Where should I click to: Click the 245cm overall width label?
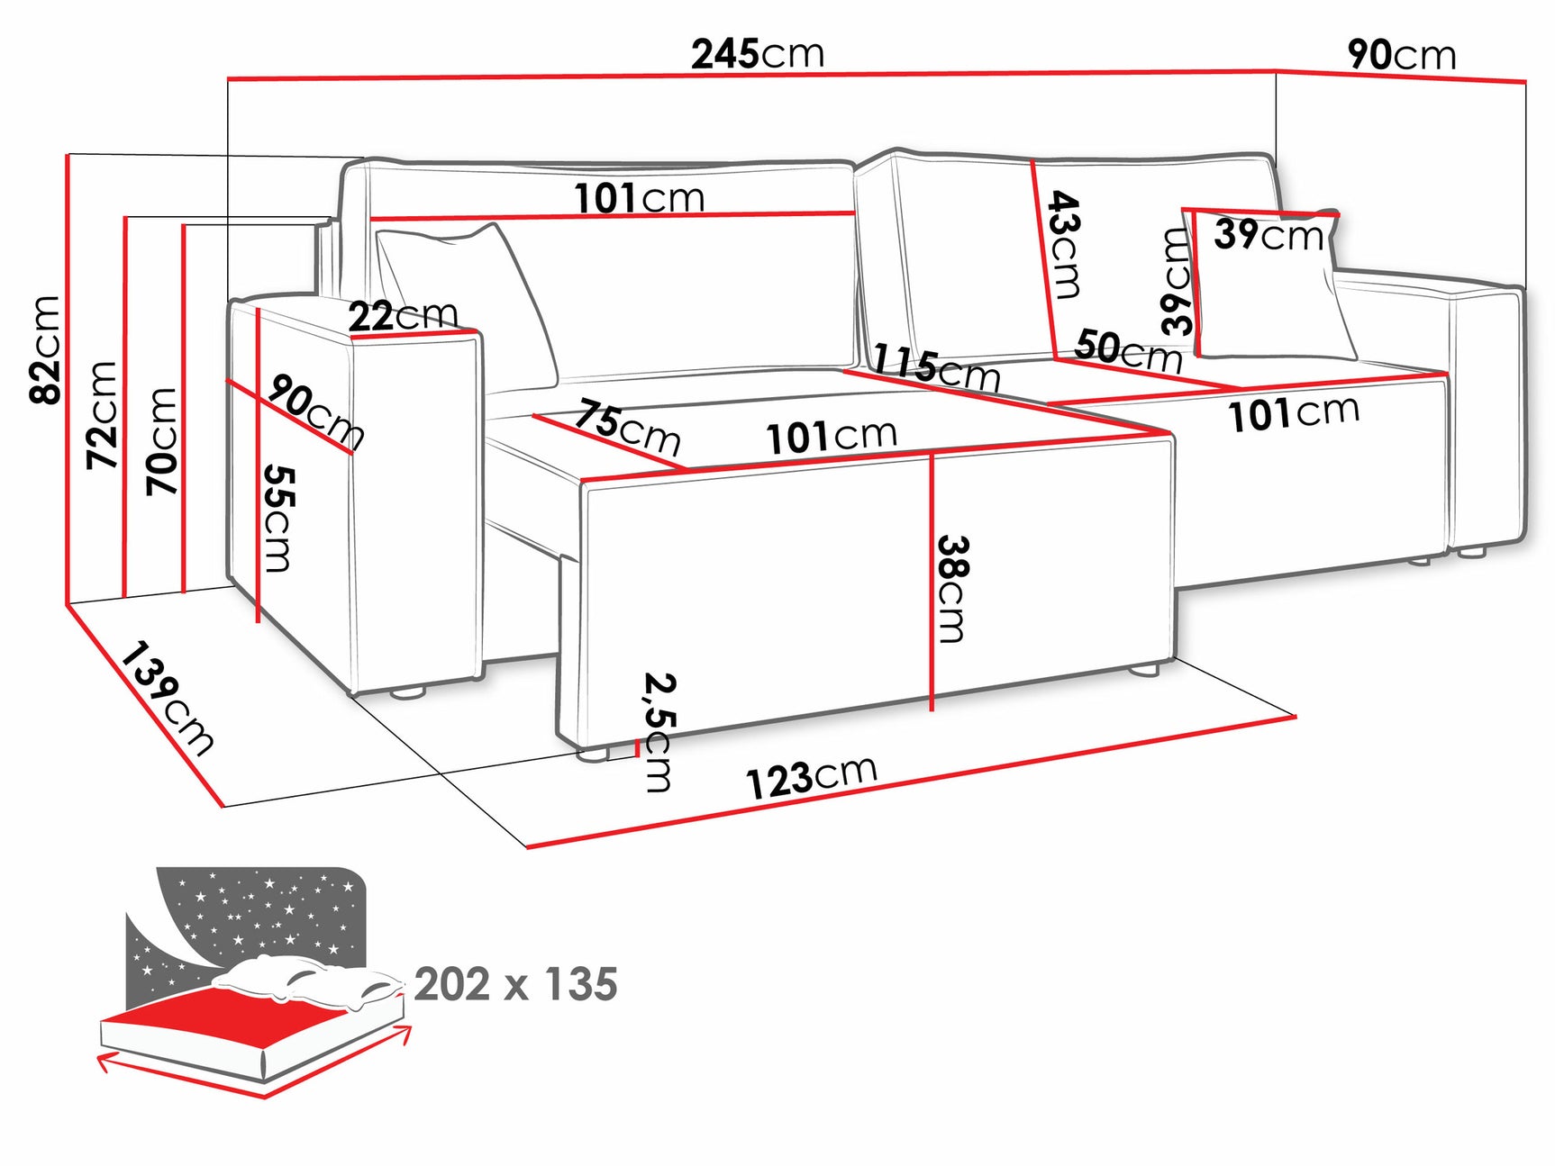click(757, 54)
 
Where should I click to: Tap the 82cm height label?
click(45, 349)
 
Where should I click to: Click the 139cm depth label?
click(168, 698)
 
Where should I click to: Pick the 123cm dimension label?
click(811, 777)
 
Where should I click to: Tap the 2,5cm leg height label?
click(659, 731)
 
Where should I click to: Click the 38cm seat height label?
click(952, 589)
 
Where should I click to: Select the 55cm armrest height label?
click(278, 518)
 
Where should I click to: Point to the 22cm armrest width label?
click(403, 315)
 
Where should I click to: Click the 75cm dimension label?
click(628, 427)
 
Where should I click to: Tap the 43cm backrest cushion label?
click(1064, 244)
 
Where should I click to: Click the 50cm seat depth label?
click(1128, 350)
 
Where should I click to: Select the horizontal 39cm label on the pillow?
click(1269, 235)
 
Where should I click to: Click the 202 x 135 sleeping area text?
click(515, 984)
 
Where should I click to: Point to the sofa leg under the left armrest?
click(407, 693)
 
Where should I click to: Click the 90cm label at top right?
click(1401, 55)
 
